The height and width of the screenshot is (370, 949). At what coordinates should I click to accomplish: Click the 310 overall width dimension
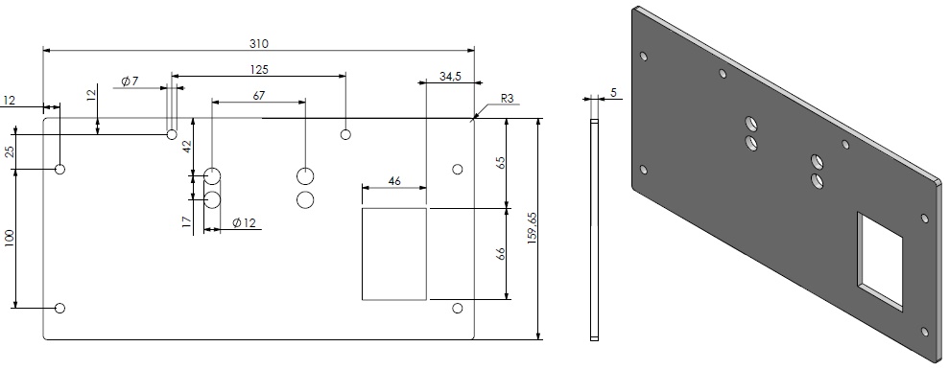click(259, 43)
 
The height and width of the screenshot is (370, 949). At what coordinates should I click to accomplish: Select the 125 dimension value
click(258, 69)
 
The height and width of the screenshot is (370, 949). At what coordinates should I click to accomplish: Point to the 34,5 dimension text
click(451, 75)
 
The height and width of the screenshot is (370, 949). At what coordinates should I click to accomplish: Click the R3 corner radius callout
click(507, 99)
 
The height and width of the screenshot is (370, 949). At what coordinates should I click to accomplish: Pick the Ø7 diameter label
click(130, 81)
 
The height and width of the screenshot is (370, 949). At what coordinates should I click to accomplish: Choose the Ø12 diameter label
click(244, 223)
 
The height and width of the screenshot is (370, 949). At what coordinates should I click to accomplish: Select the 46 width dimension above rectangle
click(393, 180)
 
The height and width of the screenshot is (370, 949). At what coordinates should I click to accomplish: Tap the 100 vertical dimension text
click(10, 240)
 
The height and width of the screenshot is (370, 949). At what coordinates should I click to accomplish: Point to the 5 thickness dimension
click(613, 93)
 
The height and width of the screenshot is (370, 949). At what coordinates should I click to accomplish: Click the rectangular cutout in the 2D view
click(394, 254)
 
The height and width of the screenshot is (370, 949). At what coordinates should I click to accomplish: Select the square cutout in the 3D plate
click(881, 262)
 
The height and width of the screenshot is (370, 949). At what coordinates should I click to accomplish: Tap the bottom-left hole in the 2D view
click(60, 308)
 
